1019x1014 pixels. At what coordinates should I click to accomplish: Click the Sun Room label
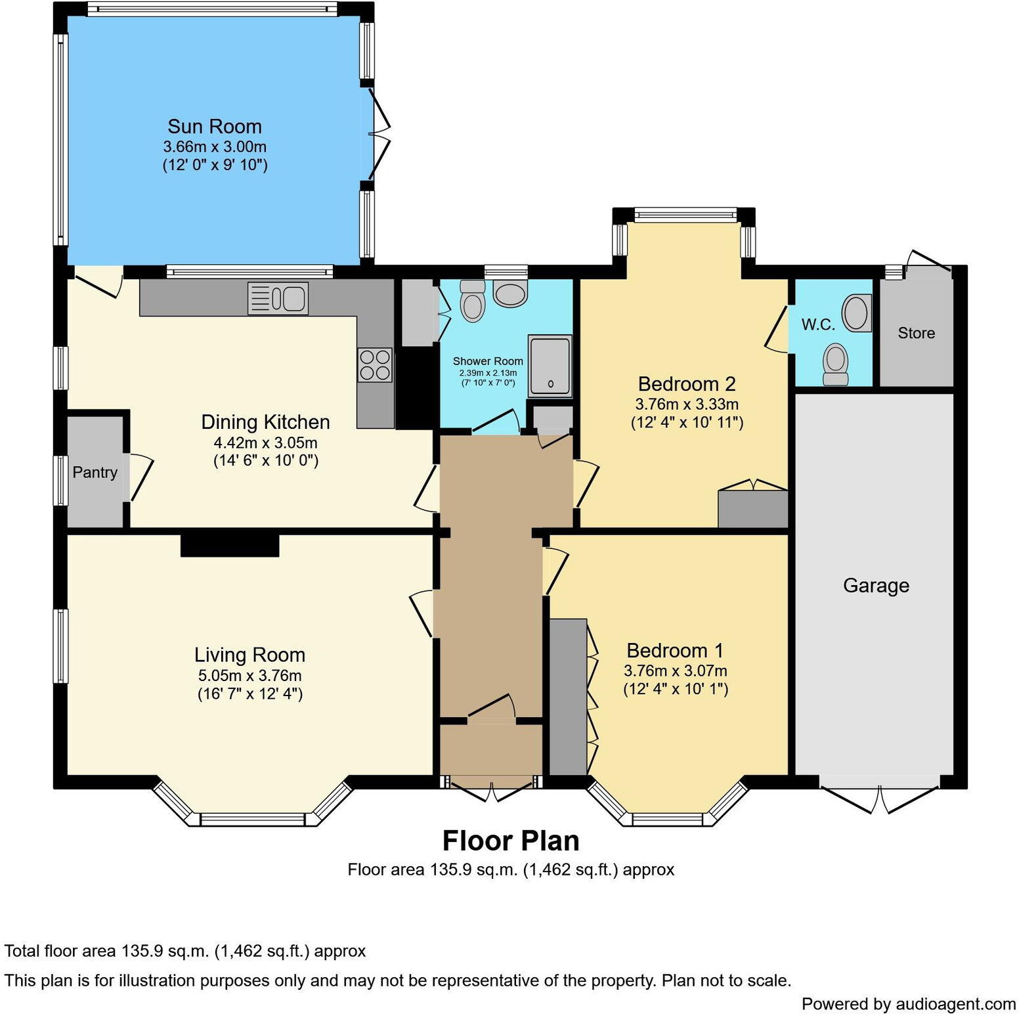click(214, 126)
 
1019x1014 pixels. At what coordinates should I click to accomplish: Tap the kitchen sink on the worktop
click(278, 298)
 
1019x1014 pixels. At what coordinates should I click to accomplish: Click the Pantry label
click(95, 472)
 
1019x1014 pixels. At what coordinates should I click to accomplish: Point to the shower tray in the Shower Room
click(550, 366)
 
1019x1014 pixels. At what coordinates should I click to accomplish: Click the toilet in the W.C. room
click(835, 364)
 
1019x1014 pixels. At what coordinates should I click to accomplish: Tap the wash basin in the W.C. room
click(856, 313)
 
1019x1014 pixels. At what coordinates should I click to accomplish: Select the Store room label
click(916, 333)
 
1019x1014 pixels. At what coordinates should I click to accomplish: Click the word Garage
click(876, 585)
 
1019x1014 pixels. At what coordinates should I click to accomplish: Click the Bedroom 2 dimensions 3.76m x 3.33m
click(686, 404)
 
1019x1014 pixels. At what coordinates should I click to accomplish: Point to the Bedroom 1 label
click(674, 650)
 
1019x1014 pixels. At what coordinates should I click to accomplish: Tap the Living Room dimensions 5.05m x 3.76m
click(249, 675)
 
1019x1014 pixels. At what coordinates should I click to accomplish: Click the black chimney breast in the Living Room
click(230, 546)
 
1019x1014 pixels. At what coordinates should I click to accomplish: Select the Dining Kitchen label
click(265, 422)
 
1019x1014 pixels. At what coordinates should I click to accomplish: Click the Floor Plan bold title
click(510, 841)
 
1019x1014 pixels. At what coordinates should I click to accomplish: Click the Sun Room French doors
click(378, 134)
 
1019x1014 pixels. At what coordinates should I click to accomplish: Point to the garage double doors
click(880, 798)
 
